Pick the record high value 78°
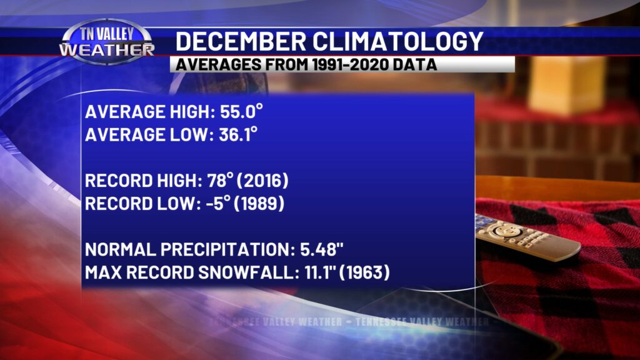(219, 181)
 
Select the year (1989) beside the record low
(257, 204)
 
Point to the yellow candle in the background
(566, 84)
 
